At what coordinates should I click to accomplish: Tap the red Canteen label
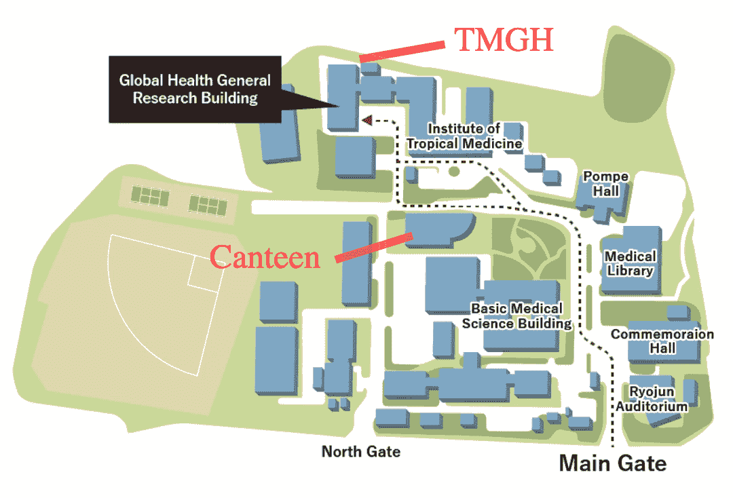pos(265,257)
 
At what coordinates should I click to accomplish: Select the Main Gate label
pos(612,463)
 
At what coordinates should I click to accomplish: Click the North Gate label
pos(360,451)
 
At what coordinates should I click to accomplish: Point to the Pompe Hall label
pos(605,184)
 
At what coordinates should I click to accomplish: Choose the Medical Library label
pos(630,263)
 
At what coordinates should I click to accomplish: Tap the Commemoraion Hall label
pos(662,341)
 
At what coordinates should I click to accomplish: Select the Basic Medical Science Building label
pos(517,316)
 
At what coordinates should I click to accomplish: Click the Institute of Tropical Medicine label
pos(464,136)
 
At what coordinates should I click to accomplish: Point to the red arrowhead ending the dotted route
pos(366,120)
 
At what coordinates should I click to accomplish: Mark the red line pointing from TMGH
pos(402,52)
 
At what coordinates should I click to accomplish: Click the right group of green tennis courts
pos(208,202)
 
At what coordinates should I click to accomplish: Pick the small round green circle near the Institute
pos(453,171)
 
